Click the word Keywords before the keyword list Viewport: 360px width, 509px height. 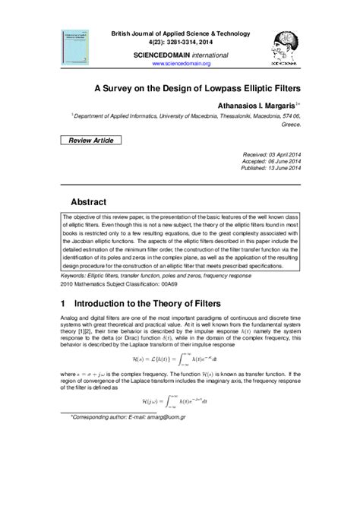coord(73,276)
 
